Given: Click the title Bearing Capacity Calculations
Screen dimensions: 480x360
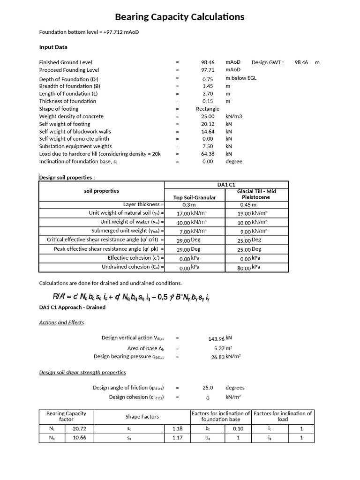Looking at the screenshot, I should pos(180,17).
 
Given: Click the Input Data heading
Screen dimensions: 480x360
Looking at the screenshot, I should pos(53,47).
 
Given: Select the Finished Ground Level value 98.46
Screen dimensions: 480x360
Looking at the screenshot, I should pos(208,62).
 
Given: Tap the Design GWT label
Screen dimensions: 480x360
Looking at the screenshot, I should pos(268,62).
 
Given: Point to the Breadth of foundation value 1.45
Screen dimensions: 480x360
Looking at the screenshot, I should pos(208,86).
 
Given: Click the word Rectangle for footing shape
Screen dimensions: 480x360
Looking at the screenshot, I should pos(208,109).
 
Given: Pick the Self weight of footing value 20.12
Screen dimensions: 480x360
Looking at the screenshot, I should pos(208,124).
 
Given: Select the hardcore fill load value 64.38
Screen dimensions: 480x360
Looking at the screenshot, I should pos(208,154).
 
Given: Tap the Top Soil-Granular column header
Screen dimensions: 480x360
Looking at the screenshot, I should pos(195,197).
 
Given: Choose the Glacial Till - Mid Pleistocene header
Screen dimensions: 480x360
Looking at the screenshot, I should pos(257,195).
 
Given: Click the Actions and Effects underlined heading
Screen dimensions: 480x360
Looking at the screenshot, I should pos(61,322).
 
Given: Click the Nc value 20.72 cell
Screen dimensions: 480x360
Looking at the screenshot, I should pos(79,428).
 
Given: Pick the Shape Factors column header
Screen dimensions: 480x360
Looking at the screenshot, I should pos(142,416).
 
